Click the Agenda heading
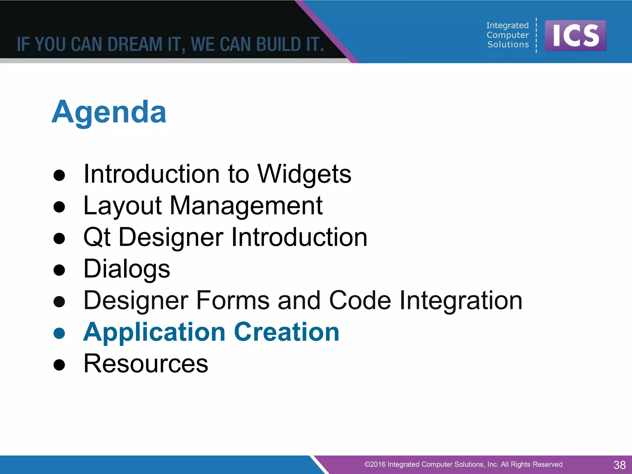(109, 112)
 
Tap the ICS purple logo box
(575, 35)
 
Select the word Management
(246, 206)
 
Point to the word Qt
(97, 237)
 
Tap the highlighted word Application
(154, 332)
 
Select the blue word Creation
(287, 332)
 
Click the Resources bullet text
(146, 364)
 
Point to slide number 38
(619, 465)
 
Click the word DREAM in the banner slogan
(135, 44)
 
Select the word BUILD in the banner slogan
(279, 44)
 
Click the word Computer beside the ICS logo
(508, 35)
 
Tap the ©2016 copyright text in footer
(463, 464)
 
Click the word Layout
(123, 206)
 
